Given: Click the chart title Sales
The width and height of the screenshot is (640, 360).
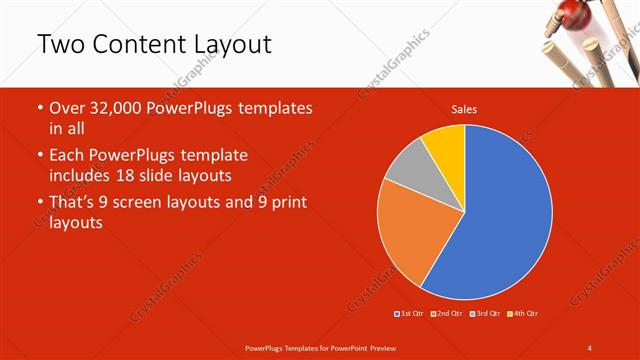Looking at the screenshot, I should pos(464,109).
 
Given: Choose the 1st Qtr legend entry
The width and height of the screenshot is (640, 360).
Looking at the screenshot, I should pos(409,314).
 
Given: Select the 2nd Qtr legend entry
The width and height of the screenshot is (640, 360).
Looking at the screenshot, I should pos(447,314).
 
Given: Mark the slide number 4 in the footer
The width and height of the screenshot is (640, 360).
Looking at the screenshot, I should pos(590,347).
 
